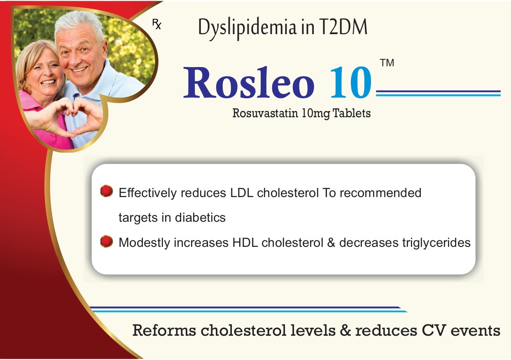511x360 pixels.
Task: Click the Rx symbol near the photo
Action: (157, 24)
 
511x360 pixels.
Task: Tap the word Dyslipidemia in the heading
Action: (247, 29)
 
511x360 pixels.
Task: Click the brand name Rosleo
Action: (249, 82)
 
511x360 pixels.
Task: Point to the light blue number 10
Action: (351, 82)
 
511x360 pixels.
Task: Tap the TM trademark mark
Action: (387, 63)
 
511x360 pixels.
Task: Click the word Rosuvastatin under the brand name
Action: (265, 113)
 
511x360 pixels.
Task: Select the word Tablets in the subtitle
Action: (352, 113)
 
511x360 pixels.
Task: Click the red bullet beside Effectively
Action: (107, 191)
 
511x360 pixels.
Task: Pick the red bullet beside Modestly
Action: (107, 241)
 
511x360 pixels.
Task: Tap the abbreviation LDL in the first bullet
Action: (242, 193)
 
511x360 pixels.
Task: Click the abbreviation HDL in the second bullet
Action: (245, 243)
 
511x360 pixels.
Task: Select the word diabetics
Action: (200, 218)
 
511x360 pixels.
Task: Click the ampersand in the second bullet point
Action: (331, 243)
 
